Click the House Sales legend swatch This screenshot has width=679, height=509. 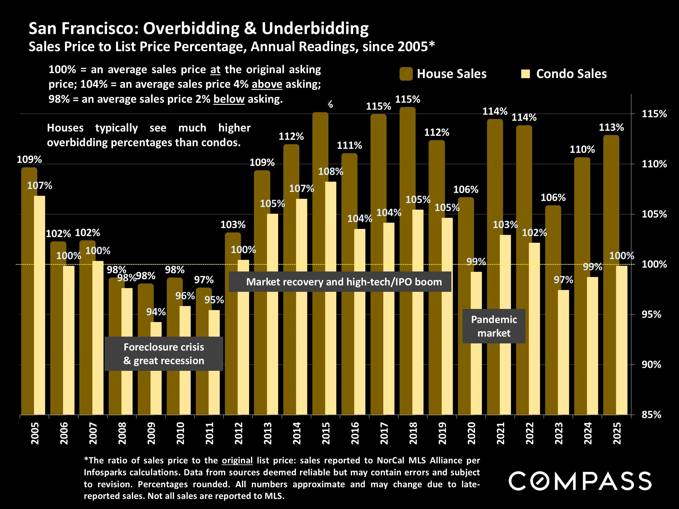(x=406, y=74)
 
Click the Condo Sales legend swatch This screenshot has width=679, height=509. (x=525, y=74)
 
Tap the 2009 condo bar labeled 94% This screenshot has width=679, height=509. (x=156, y=368)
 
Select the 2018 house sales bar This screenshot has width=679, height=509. (x=407, y=261)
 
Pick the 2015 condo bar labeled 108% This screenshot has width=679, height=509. (x=331, y=298)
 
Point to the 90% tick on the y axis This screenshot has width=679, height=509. (x=651, y=365)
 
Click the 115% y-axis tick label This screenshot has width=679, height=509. (x=654, y=114)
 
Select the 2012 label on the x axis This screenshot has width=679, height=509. (x=239, y=433)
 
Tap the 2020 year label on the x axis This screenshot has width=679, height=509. (x=471, y=433)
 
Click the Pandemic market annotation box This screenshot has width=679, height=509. (x=493, y=326)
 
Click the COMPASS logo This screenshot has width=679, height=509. (x=580, y=481)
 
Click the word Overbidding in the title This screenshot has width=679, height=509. (x=191, y=28)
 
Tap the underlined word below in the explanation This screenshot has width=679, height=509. (x=229, y=99)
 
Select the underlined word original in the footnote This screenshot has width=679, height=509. (x=237, y=460)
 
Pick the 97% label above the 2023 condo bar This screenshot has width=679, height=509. (x=563, y=280)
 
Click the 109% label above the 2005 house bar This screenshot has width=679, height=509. (x=29, y=159)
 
